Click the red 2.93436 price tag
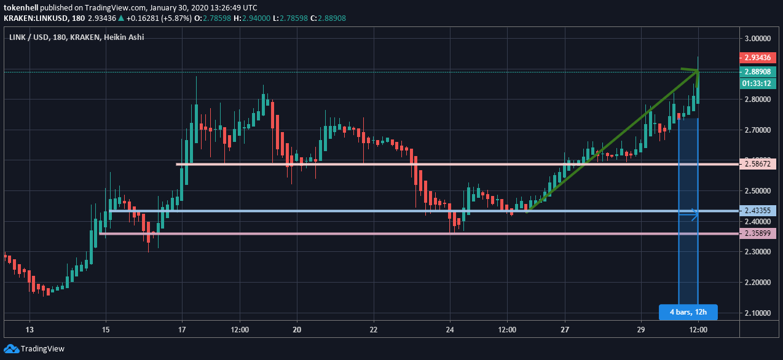(x=758, y=58)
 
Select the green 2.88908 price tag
(x=758, y=71)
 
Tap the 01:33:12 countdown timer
(x=758, y=83)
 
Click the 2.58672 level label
(x=758, y=164)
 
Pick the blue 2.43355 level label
(x=758, y=211)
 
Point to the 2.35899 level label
(x=758, y=233)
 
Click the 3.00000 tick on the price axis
(x=757, y=38)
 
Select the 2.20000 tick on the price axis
(x=757, y=283)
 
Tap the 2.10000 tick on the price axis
(x=757, y=313)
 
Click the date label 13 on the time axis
(x=30, y=329)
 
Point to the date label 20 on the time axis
(x=297, y=329)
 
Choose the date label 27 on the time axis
(x=564, y=329)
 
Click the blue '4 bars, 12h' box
(x=688, y=312)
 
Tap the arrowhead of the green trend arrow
(x=694, y=72)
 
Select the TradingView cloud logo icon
(x=11, y=348)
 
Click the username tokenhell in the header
(x=25, y=7)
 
